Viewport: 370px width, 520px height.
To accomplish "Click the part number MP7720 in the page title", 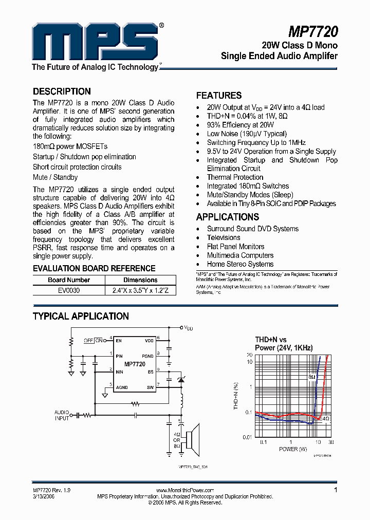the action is [x=313, y=32].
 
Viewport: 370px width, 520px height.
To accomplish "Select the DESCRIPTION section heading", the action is [x=62, y=91].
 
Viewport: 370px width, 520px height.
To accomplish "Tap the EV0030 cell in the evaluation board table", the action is [x=68, y=290].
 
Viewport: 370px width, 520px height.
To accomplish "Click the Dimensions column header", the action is [x=140, y=280].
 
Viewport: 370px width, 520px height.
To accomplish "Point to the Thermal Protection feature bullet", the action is [x=235, y=177].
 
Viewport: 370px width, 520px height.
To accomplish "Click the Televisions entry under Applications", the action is [x=224, y=238].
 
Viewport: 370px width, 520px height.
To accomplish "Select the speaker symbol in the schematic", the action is [x=193, y=438].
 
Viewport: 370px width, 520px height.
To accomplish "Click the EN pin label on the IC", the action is [x=119, y=341].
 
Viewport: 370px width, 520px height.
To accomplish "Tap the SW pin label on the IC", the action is [x=150, y=387].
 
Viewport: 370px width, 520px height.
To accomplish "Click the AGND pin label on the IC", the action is [x=122, y=387].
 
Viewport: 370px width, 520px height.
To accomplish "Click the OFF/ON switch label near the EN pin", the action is [x=93, y=340].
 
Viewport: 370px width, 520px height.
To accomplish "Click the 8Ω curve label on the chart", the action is [x=312, y=377].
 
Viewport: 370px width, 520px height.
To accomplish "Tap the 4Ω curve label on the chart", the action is [x=326, y=419].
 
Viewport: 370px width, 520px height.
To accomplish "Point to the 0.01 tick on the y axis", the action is [x=248, y=437].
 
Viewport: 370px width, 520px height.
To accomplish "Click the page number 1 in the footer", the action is [x=336, y=490].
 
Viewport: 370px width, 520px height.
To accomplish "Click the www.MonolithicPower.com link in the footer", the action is [x=184, y=491].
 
